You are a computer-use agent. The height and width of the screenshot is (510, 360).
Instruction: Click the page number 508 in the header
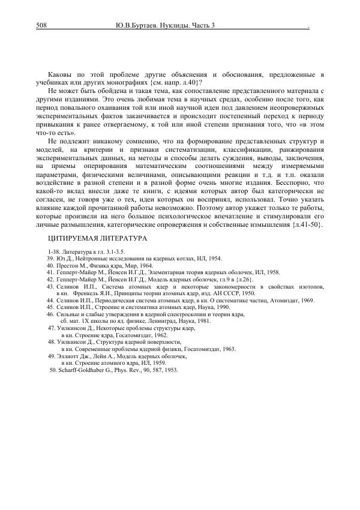(x=43, y=26)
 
